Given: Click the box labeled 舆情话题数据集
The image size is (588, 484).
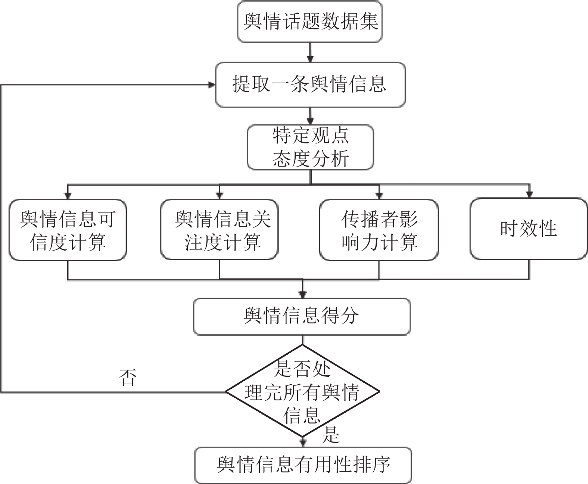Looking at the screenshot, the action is (x=310, y=22).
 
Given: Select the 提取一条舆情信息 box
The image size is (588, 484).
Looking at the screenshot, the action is (x=310, y=84).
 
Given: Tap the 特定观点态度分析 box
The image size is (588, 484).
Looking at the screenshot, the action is (x=311, y=147).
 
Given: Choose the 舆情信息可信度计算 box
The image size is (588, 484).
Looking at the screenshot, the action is (x=68, y=230).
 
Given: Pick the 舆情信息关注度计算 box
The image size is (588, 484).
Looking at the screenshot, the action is (x=220, y=230).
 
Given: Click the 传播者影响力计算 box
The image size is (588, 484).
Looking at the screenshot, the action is (x=379, y=230).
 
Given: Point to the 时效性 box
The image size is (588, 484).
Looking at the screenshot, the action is (x=529, y=229).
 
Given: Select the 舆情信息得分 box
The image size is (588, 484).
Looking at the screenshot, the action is (x=302, y=317).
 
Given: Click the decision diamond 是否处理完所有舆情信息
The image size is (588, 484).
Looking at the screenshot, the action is (x=302, y=391).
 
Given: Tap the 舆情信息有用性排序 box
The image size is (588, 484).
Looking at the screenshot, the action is (x=303, y=465).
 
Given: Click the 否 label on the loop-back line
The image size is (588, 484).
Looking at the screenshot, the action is (x=128, y=378).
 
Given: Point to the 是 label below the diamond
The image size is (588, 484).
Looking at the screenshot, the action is (x=331, y=435).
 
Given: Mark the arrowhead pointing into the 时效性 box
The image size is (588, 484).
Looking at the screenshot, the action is (x=529, y=195).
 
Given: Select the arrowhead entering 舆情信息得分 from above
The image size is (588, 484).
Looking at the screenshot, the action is (x=302, y=295).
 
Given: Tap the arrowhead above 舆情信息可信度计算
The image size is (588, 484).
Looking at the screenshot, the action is (x=68, y=196).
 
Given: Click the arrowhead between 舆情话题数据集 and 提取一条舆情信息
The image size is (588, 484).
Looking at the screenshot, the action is (x=310, y=59).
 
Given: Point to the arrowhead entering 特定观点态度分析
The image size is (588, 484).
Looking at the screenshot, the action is (x=310, y=121).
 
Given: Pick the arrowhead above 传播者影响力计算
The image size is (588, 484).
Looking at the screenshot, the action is (x=379, y=196).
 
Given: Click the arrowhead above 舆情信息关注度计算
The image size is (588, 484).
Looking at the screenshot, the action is (x=220, y=196).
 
